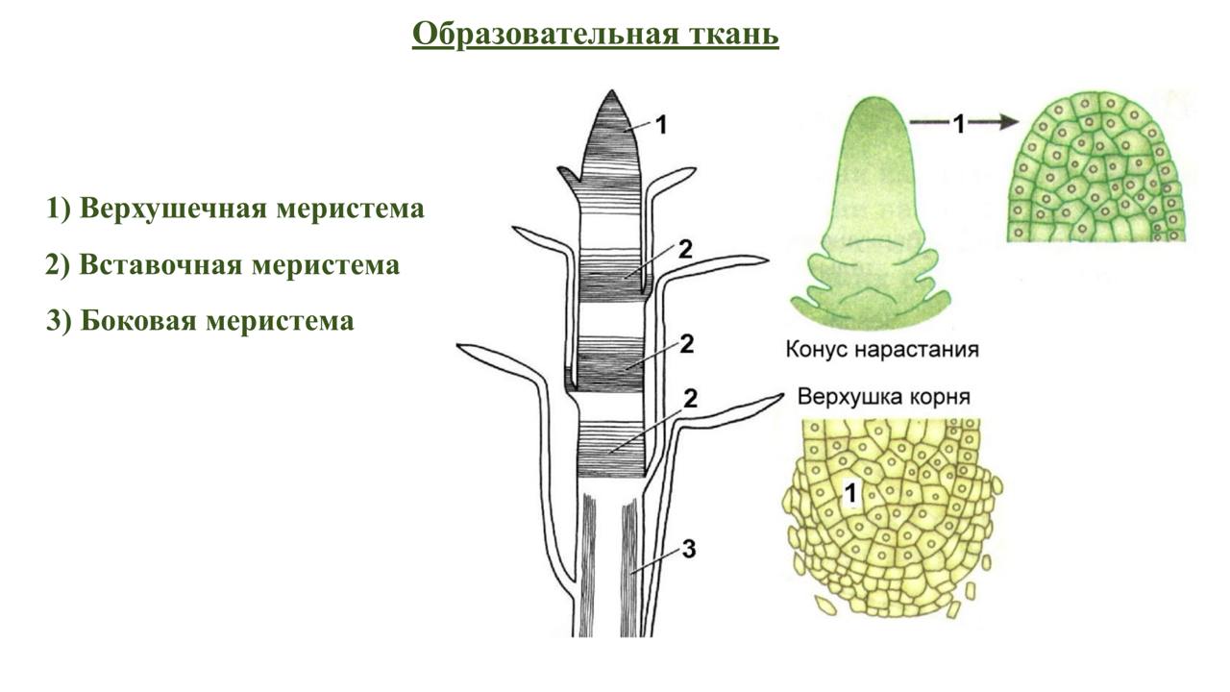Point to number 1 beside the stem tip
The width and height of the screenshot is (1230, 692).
[x=660, y=123]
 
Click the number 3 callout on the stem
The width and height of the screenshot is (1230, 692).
[x=687, y=549]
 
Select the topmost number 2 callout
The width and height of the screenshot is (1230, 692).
[x=684, y=248]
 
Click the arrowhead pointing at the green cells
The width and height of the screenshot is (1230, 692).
[x=1004, y=122]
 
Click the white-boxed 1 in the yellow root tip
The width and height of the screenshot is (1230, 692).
[x=849, y=494]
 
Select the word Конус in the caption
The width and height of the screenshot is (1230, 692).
[x=817, y=349]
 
